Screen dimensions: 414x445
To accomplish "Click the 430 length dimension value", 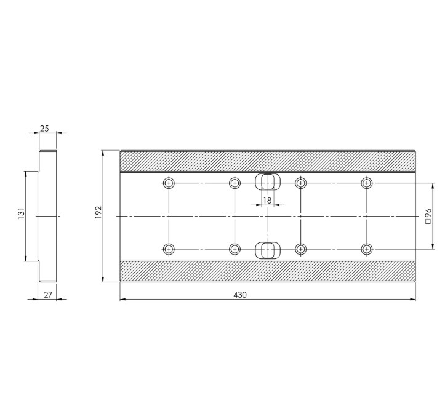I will [x=240, y=295].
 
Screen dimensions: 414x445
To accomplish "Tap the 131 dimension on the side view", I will [x=21, y=215].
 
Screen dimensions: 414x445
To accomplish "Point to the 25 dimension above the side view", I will [x=45, y=129].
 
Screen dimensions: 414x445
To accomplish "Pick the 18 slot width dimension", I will [x=267, y=201].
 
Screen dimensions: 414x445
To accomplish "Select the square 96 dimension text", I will [x=428, y=217].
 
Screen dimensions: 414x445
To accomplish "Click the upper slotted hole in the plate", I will [x=267, y=182].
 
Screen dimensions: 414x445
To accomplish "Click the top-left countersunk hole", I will [x=169, y=183].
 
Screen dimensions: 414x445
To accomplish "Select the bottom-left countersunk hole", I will [x=169, y=249].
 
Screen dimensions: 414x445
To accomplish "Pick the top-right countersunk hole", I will [x=367, y=183].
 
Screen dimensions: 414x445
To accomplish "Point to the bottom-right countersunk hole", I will [x=367, y=249].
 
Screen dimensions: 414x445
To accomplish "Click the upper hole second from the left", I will [x=235, y=183].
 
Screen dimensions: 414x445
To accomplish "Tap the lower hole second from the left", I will [x=235, y=249].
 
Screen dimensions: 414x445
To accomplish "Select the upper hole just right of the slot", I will [x=300, y=183].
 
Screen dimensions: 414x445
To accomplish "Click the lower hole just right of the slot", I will [x=300, y=249].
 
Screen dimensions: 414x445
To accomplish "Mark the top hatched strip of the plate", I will [x=268, y=161].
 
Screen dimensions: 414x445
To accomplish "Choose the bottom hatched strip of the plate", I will [x=268, y=271].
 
